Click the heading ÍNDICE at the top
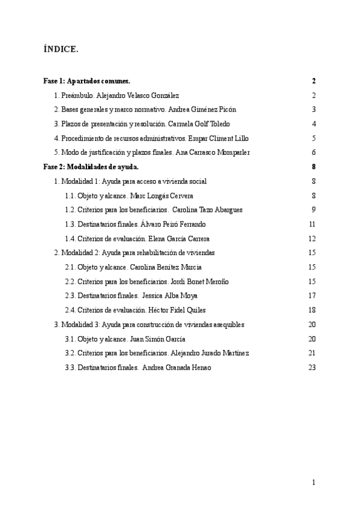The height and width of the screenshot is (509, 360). pyautogui.click(x=61, y=49)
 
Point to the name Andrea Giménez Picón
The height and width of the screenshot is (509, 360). pyautogui.click(x=205, y=110)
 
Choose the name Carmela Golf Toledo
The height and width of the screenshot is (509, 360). pyautogui.click(x=220, y=124)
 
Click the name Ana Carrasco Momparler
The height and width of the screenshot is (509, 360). pyautogui.click(x=212, y=152)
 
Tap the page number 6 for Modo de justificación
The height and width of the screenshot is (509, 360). pyautogui.click(x=313, y=152)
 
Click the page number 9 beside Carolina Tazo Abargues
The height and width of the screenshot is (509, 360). pyautogui.click(x=313, y=210)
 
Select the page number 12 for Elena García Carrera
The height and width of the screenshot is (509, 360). pyautogui.click(x=311, y=239)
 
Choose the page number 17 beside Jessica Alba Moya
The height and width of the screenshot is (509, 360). pyautogui.click(x=311, y=296)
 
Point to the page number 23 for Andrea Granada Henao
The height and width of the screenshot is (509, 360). pyautogui.click(x=311, y=367)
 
